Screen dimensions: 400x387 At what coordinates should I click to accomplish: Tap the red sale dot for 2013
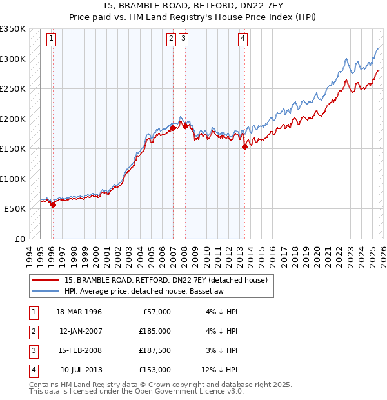tap(244, 147)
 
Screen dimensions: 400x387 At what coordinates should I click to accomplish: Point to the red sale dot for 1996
tap(53, 205)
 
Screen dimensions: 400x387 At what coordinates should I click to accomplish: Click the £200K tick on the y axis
tap(13, 119)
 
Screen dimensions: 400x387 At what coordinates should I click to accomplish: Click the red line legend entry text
tap(168, 280)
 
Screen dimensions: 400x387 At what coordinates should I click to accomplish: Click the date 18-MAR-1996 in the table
tap(79, 312)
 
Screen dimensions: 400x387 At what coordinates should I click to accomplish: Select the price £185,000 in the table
tap(155, 331)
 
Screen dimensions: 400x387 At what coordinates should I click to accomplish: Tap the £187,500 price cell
tap(155, 350)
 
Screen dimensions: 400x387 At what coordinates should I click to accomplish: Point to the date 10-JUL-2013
tap(80, 370)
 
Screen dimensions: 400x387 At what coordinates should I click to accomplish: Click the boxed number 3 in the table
tap(32, 350)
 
